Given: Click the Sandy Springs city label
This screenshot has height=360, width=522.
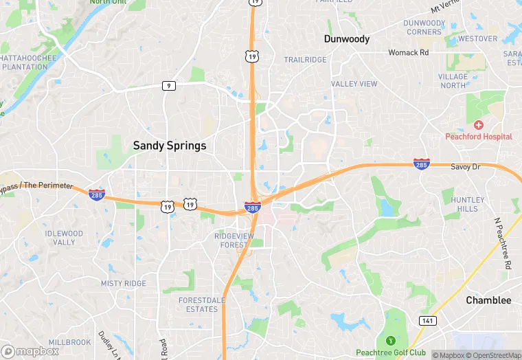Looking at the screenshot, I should (x=169, y=146).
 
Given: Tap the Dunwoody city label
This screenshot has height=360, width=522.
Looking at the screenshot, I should (x=347, y=39).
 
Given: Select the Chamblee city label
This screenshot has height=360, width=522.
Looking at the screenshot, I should (x=488, y=300).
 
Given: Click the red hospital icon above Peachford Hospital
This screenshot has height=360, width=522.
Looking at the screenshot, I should (x=479, y=125).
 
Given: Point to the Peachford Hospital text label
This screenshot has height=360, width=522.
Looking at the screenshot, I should (x=479, y=137).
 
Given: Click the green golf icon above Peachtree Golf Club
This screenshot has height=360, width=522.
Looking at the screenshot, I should (x=391, y=340).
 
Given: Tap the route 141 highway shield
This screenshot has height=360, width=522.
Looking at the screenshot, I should (x=426, y=321).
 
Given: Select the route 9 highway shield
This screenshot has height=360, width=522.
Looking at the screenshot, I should (x=168, y=85).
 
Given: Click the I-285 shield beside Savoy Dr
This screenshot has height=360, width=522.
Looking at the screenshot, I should (x=422, y=164).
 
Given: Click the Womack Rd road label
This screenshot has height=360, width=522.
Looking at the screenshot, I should (x=408, y=52).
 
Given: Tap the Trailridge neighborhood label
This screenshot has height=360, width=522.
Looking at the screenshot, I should (x=306, y=60).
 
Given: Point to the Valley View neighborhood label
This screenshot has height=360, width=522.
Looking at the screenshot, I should (x=354, y=84).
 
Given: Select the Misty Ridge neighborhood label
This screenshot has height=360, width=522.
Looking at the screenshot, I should (x=124, y=283).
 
